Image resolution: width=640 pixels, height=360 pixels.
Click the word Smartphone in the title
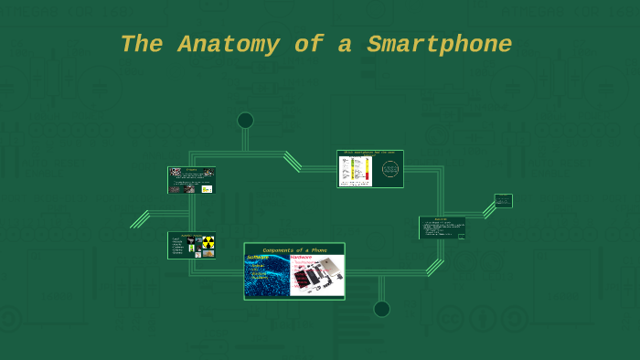coord(440,44)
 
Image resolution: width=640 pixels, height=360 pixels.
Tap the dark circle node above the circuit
coord(245,121)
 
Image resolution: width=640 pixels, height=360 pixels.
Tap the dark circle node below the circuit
coord(381,309)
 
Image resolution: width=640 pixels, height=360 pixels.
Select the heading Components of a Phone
coord(294,249)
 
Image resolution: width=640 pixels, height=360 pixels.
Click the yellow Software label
coord(258,258)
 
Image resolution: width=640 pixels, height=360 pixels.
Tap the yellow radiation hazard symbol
coord(208,242)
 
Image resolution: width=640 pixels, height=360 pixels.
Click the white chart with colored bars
coord(356,171)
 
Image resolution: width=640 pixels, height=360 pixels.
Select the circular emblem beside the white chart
coord(389,170)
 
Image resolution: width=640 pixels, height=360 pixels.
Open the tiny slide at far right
coord(503,201)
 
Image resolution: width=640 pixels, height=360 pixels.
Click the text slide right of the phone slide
coord(443,228)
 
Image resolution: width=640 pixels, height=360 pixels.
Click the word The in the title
coord(140,44)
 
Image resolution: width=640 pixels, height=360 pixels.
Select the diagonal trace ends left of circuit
coord(140,219)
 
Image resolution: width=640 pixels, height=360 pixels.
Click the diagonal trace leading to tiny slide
coord(488,211)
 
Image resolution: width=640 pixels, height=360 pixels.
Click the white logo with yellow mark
coord(207,189)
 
